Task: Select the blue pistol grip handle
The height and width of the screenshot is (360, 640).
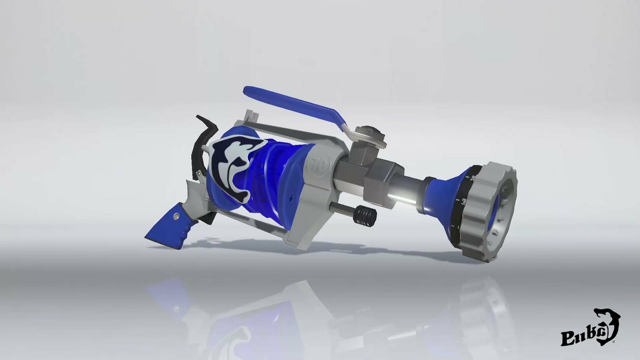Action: tap(168, 227)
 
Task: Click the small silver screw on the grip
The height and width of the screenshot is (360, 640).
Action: tap(176, 216)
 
